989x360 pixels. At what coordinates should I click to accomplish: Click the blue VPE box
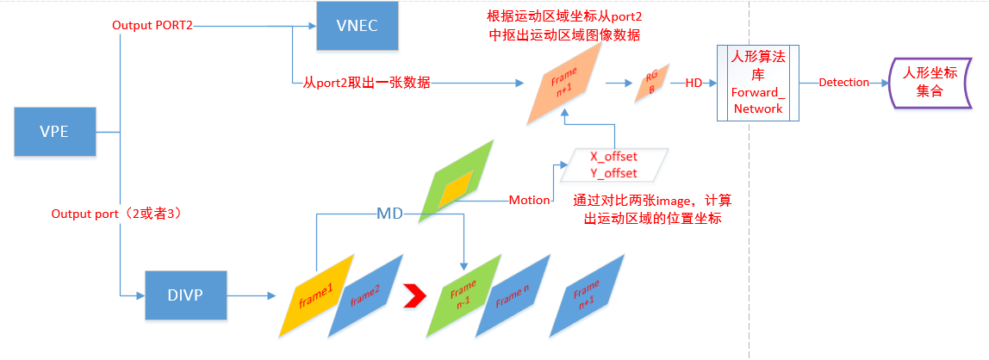click(54, 132)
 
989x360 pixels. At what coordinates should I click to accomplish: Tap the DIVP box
click(183, 295)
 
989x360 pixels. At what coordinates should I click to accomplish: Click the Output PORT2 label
click(152, 27)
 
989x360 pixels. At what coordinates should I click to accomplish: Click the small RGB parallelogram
click(652, 84)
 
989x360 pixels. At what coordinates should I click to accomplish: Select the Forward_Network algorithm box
click(758, 83)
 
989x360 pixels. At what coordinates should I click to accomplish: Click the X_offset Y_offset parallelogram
click(613, 164)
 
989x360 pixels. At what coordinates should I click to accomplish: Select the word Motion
click(529, 200)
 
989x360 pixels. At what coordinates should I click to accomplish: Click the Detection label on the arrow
click(843, 83)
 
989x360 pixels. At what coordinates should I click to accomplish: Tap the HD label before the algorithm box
click(694, 83)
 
